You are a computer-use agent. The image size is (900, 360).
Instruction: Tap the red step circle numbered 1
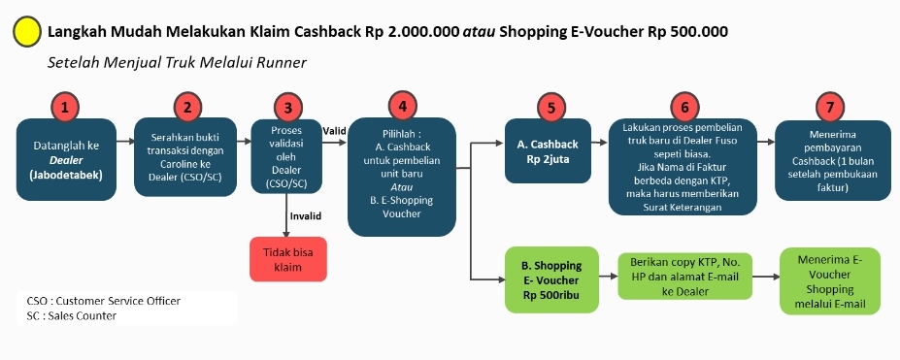pos(64,106)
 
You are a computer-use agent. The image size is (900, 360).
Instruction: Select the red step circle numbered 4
pos(402,106)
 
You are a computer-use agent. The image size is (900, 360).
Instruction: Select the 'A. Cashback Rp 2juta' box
pos(547,150)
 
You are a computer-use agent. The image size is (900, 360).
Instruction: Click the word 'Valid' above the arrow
pos(334,131)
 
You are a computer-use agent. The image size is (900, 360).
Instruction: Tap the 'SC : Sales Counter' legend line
pos(72,315)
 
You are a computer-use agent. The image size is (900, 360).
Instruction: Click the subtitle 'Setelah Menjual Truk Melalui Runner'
pos(177,62)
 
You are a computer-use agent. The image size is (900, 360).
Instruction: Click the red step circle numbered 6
pos(684,106)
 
